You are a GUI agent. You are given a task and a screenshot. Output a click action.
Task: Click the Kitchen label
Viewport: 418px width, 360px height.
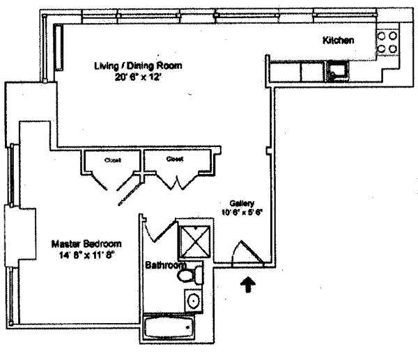339,40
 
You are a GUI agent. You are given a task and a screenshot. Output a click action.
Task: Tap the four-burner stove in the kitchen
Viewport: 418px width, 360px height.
387,42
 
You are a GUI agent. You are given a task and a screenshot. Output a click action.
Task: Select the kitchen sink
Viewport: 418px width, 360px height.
339,70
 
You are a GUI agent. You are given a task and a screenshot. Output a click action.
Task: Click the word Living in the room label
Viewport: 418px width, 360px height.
107,66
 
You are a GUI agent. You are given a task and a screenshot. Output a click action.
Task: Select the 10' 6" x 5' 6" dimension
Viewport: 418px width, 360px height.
241,212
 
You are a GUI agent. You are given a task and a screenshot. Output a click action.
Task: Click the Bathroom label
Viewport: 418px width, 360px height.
166,265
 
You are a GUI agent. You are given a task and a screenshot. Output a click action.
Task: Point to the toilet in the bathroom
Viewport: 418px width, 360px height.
189,276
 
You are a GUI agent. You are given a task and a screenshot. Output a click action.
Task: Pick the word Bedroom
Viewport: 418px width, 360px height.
103,244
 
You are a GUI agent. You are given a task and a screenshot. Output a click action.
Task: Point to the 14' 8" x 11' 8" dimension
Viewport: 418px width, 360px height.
86,255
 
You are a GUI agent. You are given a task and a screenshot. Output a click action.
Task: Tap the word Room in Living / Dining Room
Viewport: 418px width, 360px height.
170,66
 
